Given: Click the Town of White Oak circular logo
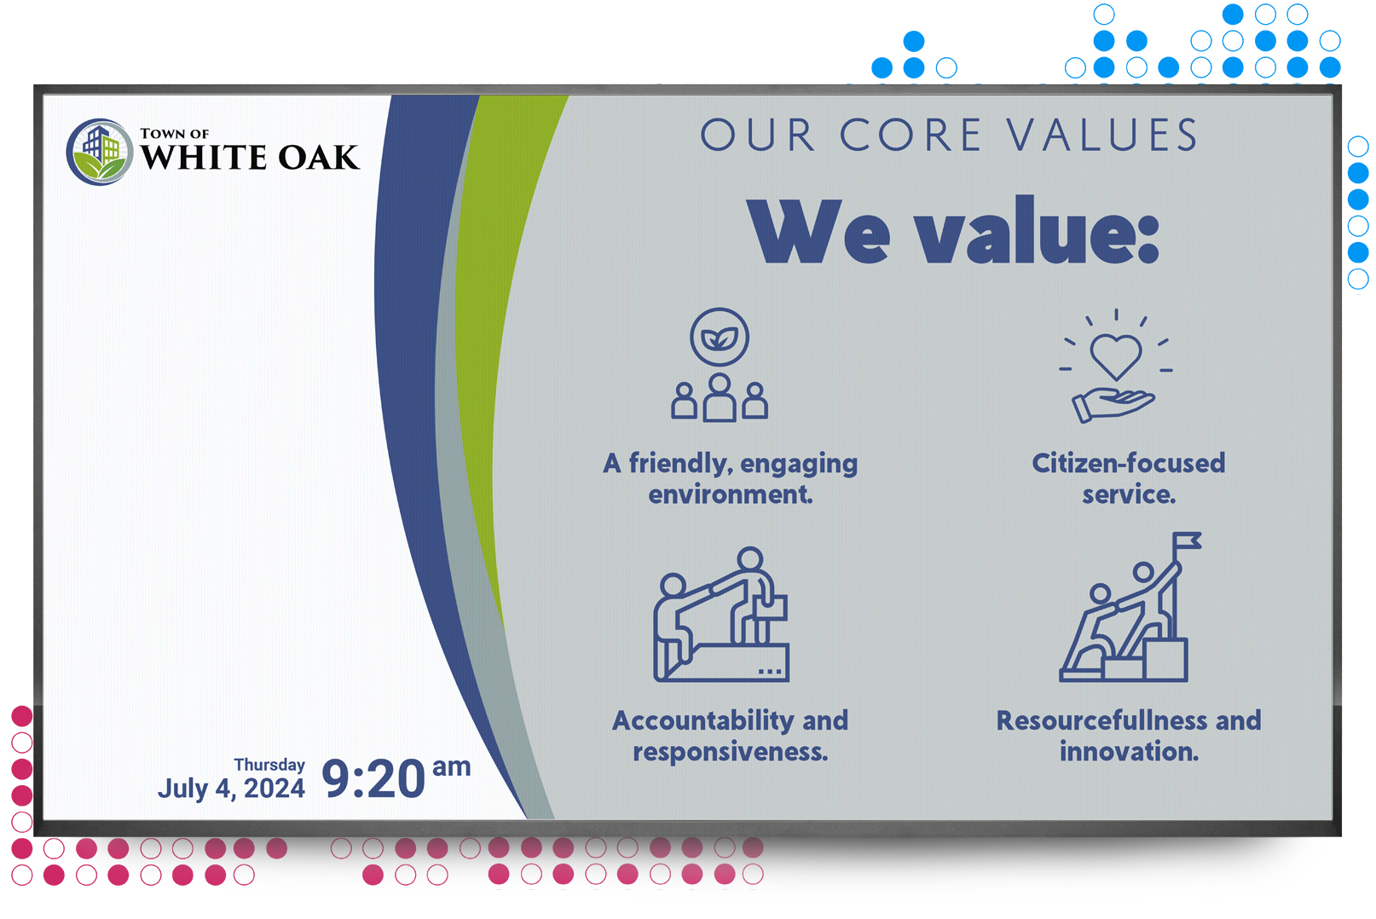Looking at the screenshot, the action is pyautogui.click(x=100, y=152).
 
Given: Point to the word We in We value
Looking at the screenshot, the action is pyautogui.click(x=818, y=232).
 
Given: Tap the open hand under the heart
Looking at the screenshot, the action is pyautogui.click(x=1113, y=406).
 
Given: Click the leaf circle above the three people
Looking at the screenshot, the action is pyautogui.click(x=720, y=338).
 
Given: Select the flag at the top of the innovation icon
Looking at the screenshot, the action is pyautogui.click(x=1187, y=541).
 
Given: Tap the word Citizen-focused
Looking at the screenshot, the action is pyautogui.click(x=1129, y=463).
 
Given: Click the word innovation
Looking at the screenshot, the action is pyautogui.click(x=1129, y=751).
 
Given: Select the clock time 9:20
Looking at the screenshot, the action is pyautogui.click(x=373, y=779).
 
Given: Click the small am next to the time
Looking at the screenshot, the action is pyautogui.click(x=452, y=766).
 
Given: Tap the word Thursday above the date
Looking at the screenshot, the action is pyautogui.click(x=269, y=765).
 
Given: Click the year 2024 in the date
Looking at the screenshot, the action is pyautogui.click(x=274, y=789).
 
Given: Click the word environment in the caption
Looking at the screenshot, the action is pyautogui.click(x=731, y=494).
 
